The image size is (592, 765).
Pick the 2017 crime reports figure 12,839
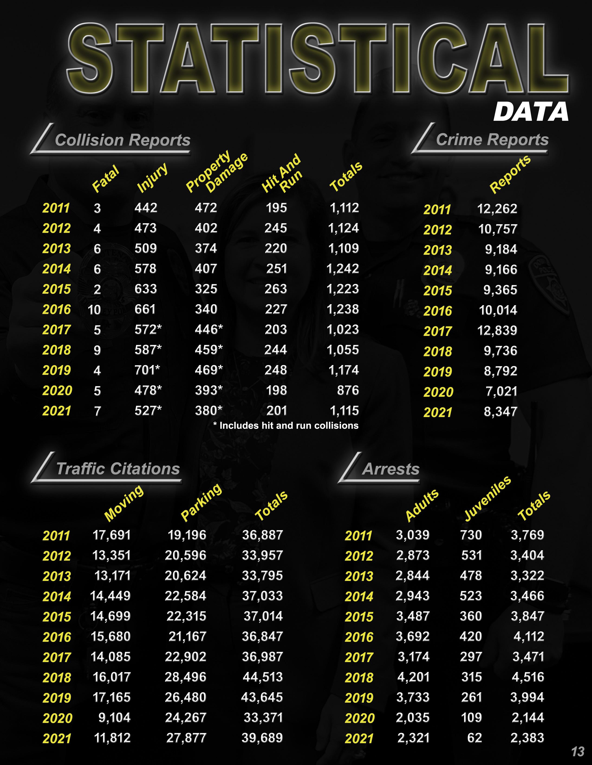[x=497, y=330]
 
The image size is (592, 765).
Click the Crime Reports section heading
[x=492, y=139]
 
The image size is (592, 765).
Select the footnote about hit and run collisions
[x=286, y=426]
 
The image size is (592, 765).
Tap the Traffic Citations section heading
[x=118, y=469]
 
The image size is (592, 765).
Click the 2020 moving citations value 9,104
[x=114, y=717]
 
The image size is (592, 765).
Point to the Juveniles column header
[x=488, y=498]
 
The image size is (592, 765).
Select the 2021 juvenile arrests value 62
[x=475, y=738]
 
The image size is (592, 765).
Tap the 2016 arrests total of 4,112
[x=529, y=636]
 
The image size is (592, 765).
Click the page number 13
[x=578, y=751]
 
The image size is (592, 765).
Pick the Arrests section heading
[x=391, y=469]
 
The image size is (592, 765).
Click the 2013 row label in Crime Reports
[x=438, y=250]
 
